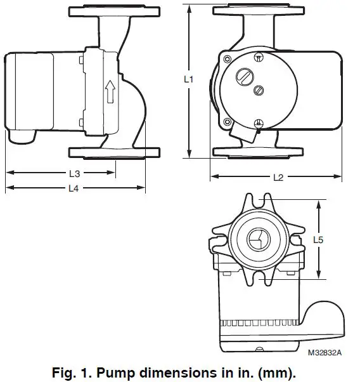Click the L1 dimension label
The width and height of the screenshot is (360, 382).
click(x=187, y=80)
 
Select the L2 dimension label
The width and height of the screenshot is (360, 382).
click(x=278, y=178)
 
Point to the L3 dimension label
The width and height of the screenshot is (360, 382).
click(x=74, y=173)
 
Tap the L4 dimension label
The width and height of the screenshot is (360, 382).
click(x=74, y=188)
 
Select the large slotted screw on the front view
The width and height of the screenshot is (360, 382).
click(x=244, y=78)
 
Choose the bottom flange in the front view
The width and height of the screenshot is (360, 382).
click(x=259, y=153)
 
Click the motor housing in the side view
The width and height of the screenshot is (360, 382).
click(x=38, y=92)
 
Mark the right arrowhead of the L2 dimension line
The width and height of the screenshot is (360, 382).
click(x=342, y=176)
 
